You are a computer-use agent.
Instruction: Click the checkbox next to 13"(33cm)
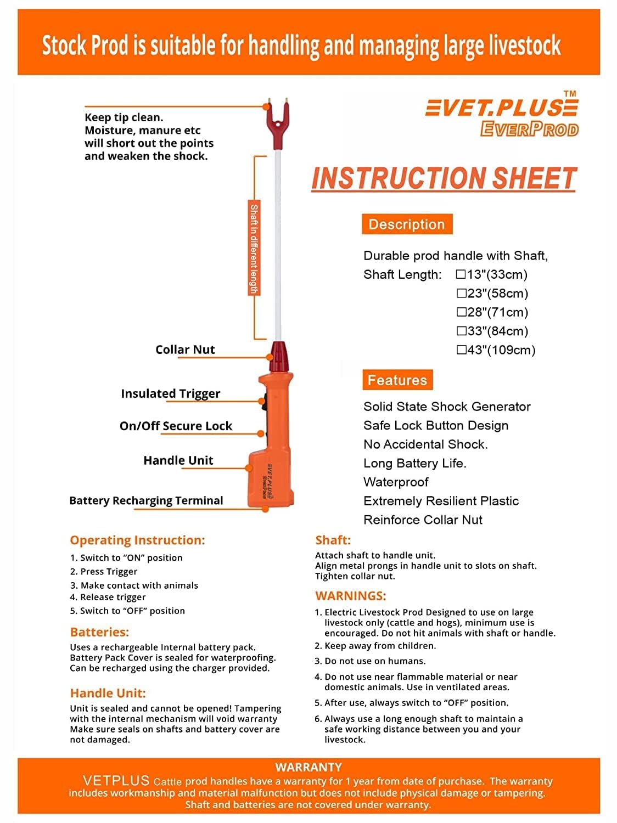point(461,274)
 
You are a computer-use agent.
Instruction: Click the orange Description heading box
point(407,224)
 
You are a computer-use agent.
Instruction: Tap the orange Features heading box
point(397,380)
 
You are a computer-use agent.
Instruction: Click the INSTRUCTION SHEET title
point(444,178)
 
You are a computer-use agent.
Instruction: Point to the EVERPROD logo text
point(529,129)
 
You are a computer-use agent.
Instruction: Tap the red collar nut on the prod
point(278,356)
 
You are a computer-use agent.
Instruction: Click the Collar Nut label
point(185,350)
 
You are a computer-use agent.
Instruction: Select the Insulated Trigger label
point(170,393)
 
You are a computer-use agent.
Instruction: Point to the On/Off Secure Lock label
point(176,426)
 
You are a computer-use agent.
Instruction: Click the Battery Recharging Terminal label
point(146,500)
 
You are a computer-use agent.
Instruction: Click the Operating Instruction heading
point(137,540)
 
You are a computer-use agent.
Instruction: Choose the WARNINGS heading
point(351,596)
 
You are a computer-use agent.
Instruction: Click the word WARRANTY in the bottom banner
point(308,767)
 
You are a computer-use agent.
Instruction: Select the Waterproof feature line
point(396,482)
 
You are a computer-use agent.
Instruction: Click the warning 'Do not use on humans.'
point(375,661)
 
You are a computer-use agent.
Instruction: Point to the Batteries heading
point(99,632)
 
